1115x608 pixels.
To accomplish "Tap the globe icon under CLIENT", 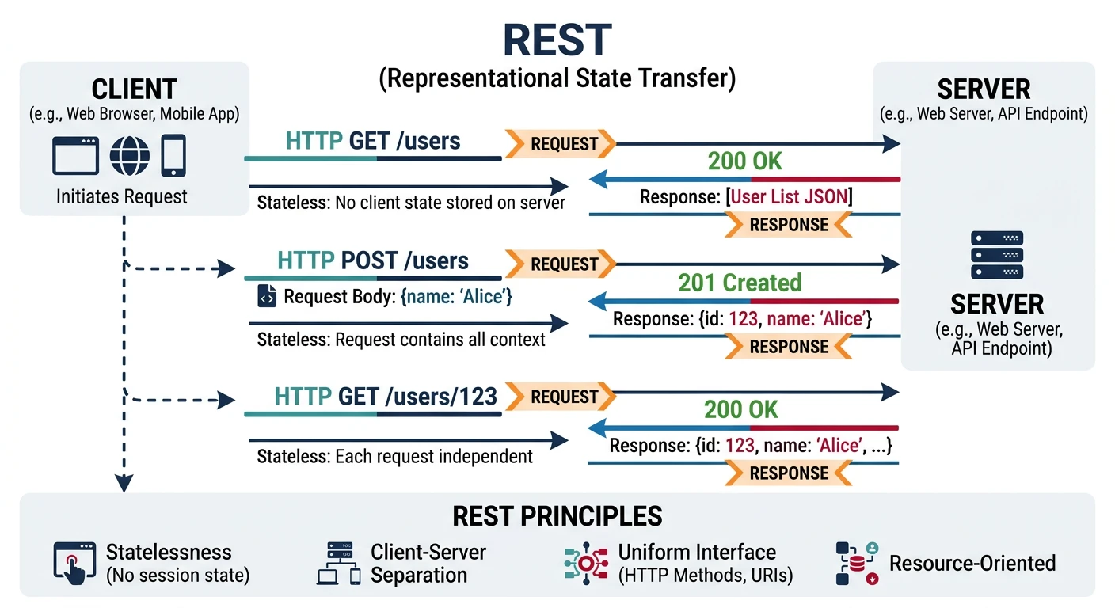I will tap(130, 155).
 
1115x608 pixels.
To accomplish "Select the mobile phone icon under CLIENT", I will tap(173, 155).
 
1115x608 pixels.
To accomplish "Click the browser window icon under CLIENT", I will tap(76, 155).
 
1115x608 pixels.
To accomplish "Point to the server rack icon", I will tap(996, 254).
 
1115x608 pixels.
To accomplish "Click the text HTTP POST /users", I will tap(372, 261).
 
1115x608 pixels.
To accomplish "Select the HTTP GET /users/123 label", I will tap(385, 396).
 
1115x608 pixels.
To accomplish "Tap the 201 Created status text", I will tap(740, 283).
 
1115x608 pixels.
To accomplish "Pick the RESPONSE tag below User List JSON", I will tap(788, 225).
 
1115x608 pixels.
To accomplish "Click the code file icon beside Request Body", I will tap(267, 297).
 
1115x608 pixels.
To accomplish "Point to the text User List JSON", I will tap(789, 196).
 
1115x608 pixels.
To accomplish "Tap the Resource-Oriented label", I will tap(972, 563).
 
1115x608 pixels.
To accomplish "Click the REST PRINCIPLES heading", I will tap(557, 516).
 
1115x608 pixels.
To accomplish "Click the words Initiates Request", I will tap(122, 196).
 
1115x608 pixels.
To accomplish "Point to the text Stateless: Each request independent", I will tap(394, 457).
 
